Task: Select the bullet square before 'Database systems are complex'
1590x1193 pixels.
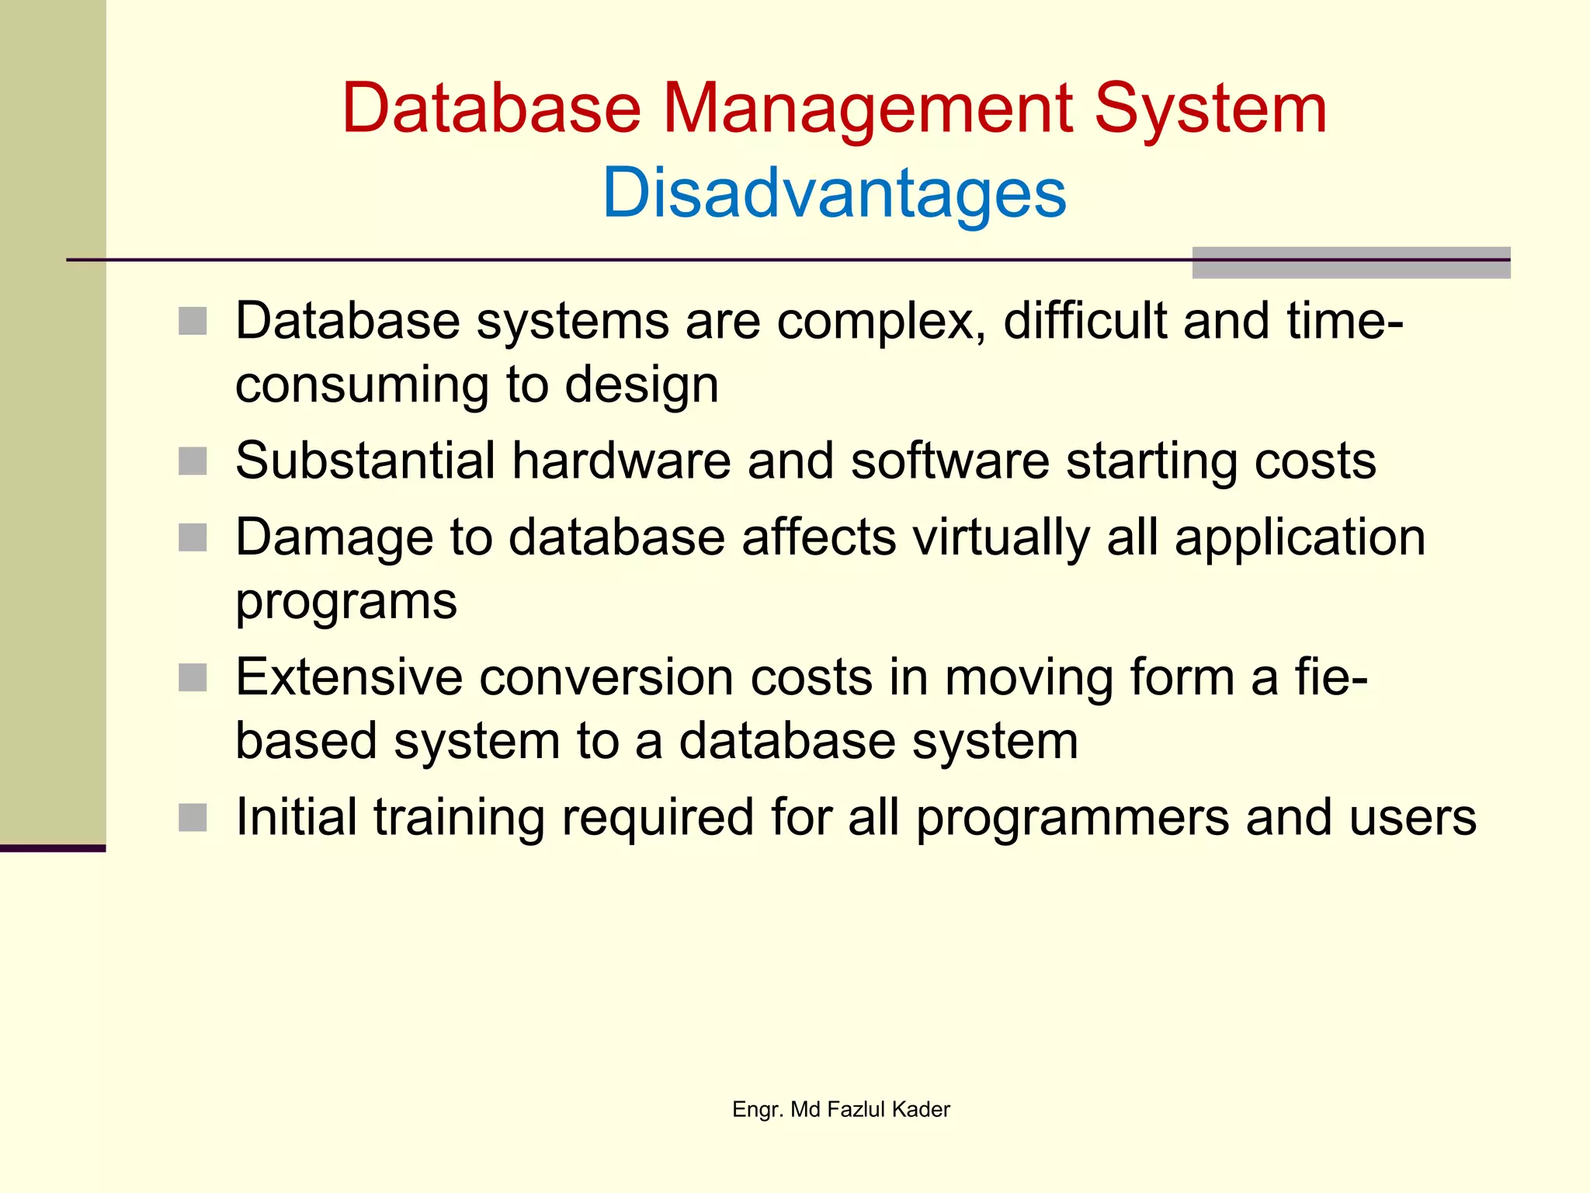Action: click(193, 322)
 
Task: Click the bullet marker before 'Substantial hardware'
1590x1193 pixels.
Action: click(193, 461)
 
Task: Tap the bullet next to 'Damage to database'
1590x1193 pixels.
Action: click(193, 537)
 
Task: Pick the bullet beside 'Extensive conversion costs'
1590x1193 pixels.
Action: click(193, 677)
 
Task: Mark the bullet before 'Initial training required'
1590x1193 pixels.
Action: click(193, 817)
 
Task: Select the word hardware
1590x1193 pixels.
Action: click(621, 461)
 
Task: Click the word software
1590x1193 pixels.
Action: click(949, 461)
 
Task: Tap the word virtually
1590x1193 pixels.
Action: click(1002, 537)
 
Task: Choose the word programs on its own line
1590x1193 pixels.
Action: click(346, 603)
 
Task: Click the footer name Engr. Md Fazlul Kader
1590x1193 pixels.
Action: click(841, 1109)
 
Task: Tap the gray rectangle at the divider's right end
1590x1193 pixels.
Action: click(1351, 263)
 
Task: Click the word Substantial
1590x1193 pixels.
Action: click(365, 461)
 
